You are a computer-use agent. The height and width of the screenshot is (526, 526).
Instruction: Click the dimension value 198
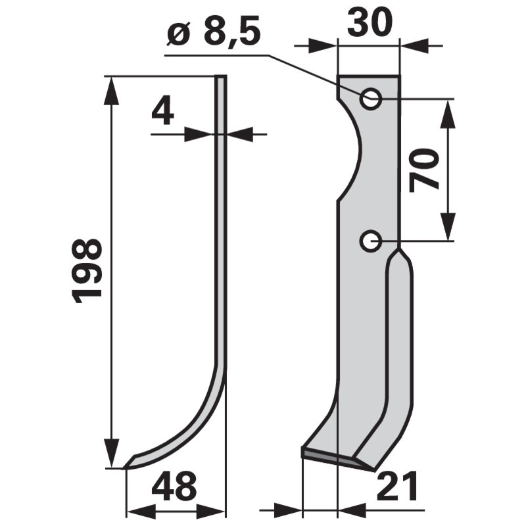click(x=88, y=270)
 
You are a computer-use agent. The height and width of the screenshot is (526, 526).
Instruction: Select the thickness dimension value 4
click(x=162, y=112)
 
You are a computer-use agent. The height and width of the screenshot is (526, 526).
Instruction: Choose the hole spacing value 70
click(x=424, y=170)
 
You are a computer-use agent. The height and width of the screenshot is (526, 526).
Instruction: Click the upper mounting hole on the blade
click(x=372, y=99)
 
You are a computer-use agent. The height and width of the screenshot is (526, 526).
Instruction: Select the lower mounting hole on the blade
click(x=371, y=241)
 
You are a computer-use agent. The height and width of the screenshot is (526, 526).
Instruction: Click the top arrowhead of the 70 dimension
click(x=447, y=112)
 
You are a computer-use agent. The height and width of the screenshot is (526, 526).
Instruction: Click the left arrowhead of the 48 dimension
click(x=138, y=510)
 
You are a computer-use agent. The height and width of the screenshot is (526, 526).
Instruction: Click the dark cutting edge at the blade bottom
click(x=335, y=458)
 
